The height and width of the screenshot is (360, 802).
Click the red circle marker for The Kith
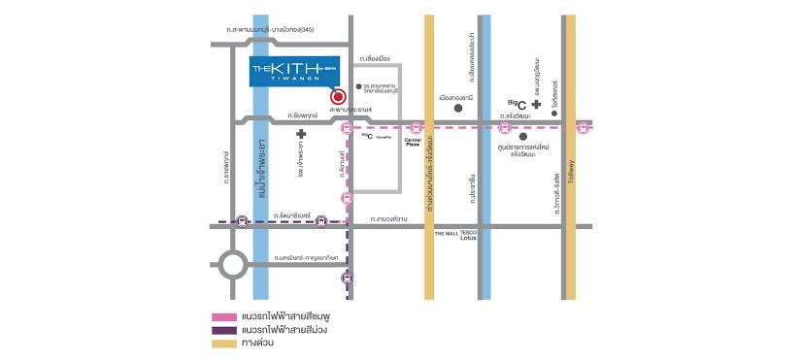337,96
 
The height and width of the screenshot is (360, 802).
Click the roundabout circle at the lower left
233,265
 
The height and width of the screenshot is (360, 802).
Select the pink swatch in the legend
223,316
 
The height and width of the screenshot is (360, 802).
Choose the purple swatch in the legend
223,329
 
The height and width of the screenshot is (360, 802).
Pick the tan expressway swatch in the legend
223,343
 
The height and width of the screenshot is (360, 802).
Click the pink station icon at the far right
583,127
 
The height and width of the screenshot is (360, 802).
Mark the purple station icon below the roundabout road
347,279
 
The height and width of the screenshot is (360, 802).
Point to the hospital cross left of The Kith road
301,135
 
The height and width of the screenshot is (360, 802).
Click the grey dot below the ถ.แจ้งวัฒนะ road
523,136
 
